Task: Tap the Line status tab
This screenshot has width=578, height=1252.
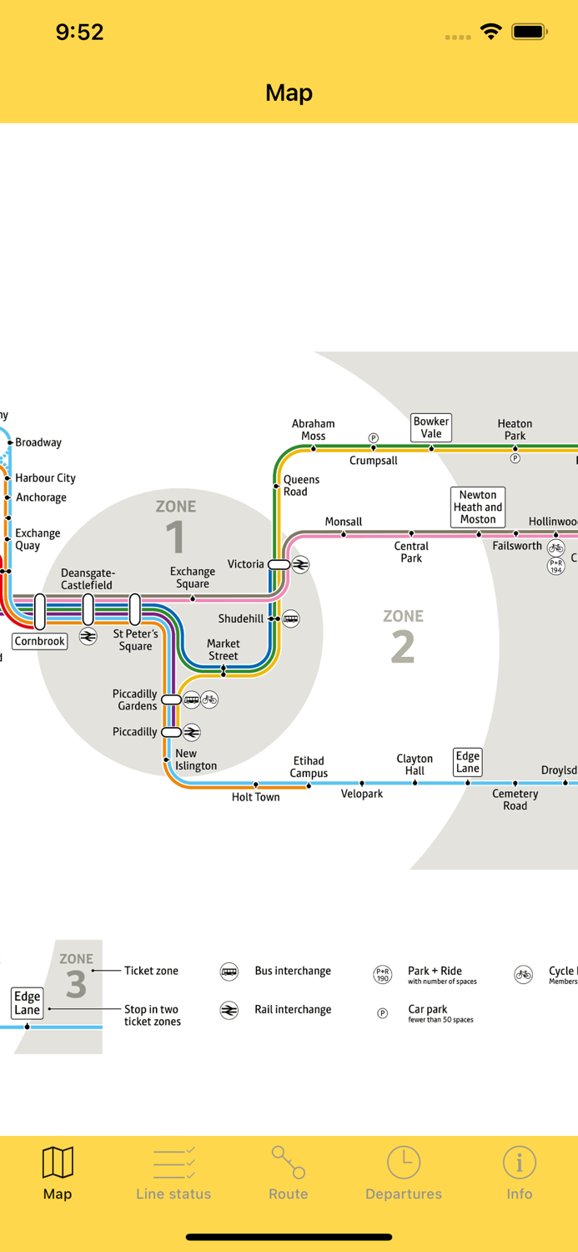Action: click(x=173, y=1173)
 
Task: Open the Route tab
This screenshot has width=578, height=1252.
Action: click(x=289, y=1173)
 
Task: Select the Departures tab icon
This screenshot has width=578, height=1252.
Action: click(x=404, y=1162)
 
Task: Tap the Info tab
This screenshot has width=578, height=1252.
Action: click(x=519, y=1173)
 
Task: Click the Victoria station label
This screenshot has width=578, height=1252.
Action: click(x=245, y=564)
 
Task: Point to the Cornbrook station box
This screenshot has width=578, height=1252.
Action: click(x=39, y=642)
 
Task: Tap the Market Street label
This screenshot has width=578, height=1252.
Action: click(x=223, y=649)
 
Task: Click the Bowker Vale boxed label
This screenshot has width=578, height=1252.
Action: click(x=431, y=427)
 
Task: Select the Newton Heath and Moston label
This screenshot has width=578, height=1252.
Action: click(x=478, y=507)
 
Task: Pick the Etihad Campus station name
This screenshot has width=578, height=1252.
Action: click(x=309, y=767)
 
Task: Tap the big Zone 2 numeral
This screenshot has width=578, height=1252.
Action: click(x=403, y=647)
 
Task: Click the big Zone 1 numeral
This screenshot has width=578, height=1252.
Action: click(x=175, y=537)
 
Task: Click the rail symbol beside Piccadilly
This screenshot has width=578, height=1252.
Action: click(x=192, y=733)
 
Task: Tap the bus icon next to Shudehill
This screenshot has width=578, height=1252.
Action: click(x=290, y=618)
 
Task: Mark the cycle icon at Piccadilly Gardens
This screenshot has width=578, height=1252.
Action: click(x=209, y=699)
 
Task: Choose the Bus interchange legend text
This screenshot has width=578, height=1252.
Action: click(x=293, y=971)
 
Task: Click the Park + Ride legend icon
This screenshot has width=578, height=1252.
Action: click(x=382, y=974)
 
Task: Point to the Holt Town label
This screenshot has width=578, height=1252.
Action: click(x=255, y=797)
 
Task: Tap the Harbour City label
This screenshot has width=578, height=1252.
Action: click(x=45, y=478)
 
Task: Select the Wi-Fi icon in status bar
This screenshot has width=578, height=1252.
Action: click(x=490, y=32)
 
